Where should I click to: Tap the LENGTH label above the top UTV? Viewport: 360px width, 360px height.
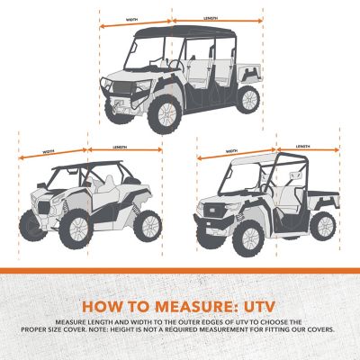(211, 17)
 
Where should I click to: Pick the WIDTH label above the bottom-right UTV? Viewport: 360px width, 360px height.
(233, 150)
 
